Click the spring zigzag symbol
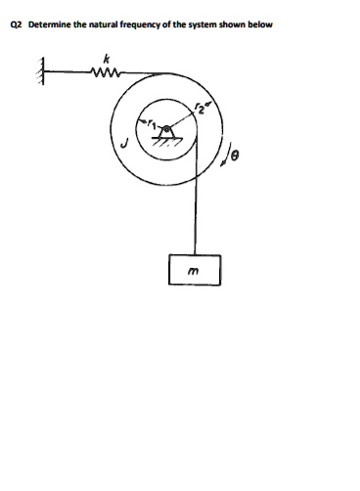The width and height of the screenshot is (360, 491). (103, 70)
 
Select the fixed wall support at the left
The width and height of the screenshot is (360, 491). (42, 72)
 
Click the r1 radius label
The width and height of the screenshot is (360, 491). (153, 123)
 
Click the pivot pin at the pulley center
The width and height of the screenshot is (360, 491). (170, 128)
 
